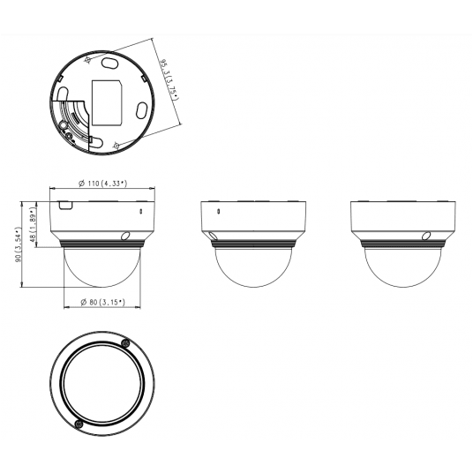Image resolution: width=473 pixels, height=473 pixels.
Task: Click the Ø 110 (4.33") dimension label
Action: (x=102, y=183)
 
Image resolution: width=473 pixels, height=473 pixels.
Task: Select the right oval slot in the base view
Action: (x=141, y=109)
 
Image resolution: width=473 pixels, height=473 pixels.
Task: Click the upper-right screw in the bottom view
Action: (x=125, y=343)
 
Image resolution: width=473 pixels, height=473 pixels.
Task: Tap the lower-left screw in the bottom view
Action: (x=79, y=424)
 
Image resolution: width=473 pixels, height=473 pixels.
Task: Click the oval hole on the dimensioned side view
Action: (x=125, y=236)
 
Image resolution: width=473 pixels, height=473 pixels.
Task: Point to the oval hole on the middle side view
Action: (x=213, y=236)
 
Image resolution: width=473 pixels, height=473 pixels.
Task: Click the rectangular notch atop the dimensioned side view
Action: (x=65, y=203)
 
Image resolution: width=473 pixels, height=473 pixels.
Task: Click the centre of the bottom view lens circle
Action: (x=102, y=384)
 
